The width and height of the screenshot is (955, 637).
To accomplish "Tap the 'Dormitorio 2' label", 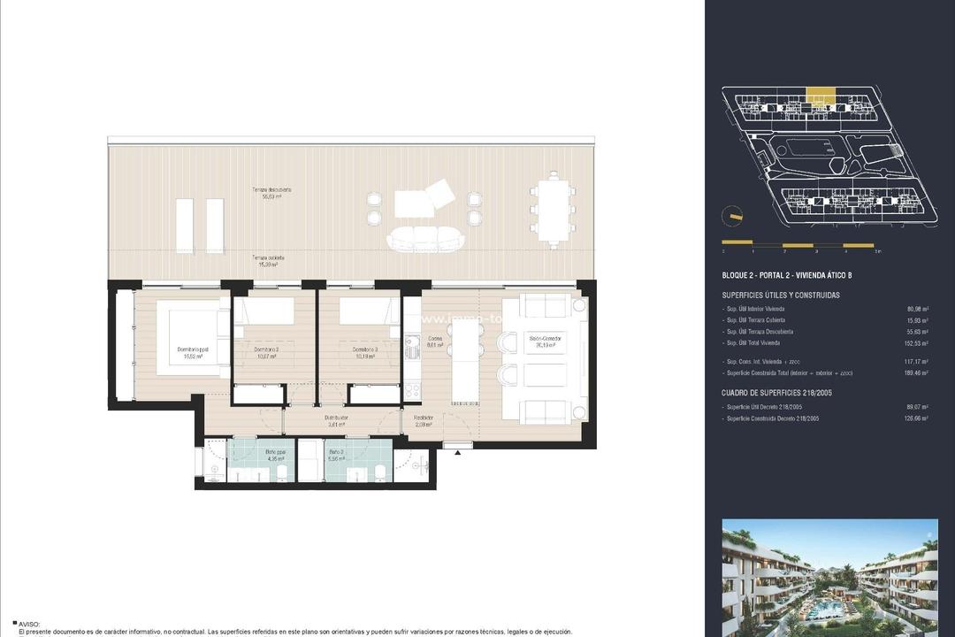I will point(266,349).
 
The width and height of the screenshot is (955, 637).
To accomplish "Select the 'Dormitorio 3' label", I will point(365,349).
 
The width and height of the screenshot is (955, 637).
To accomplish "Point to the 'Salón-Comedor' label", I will point(546,339).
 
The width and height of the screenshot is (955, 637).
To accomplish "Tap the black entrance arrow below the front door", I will point(458,453).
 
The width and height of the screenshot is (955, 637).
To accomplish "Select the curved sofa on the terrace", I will point(424,238).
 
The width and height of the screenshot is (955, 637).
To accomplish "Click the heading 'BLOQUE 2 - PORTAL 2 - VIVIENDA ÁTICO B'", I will point(786,275).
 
